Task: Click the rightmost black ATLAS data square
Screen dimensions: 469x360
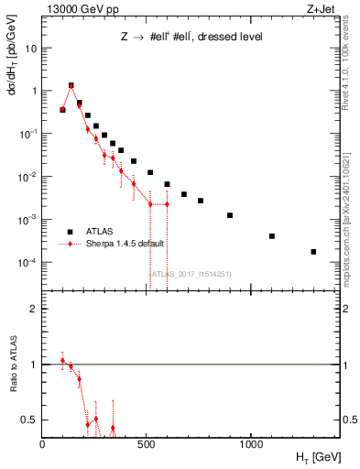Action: (313, 251)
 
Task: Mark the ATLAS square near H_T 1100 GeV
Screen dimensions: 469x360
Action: (272, 236)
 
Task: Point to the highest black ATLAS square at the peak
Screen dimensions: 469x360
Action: (71, 86)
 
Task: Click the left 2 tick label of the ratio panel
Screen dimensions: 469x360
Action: (34, 309)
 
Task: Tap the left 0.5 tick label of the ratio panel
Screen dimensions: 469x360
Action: (31, 420)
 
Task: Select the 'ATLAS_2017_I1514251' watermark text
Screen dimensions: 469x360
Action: (191, 273)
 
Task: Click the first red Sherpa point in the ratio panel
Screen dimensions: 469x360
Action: (62, 361)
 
